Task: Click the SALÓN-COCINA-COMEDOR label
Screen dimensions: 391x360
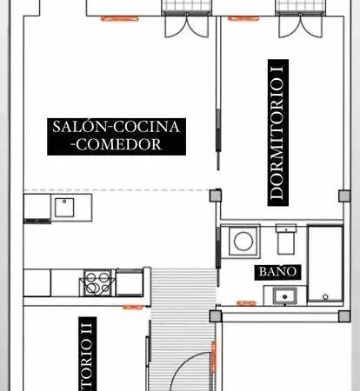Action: (x=116, y=136)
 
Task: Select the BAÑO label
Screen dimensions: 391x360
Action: (x=279, y=272)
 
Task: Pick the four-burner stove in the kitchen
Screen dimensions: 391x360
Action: (x=97, y=282)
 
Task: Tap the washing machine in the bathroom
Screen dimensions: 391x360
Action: (x=241, y=242)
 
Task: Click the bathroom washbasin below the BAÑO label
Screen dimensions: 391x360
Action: (x=283, y=296)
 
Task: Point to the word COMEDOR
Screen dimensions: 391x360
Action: (x=117, y=145)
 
